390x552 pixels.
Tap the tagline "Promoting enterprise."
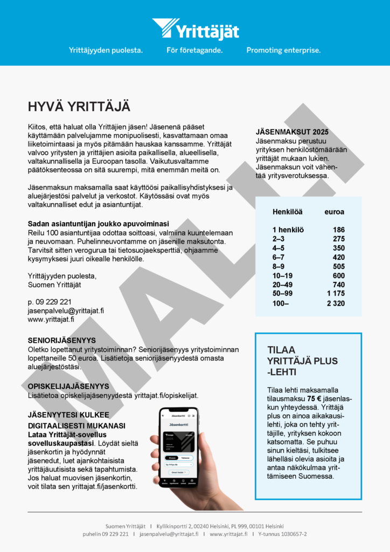click(283, 50)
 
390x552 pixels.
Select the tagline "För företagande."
click(194, 50)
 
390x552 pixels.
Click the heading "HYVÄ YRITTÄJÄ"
click(79, 106)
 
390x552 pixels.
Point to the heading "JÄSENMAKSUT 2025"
click(292, 132)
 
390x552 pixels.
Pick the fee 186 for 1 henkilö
click(338, 230)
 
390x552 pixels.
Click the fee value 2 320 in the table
click(336, 303)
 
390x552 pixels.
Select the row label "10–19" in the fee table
click(282, 275)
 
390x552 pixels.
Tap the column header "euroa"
click(334, 212)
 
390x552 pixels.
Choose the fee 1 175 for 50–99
click(336, 294)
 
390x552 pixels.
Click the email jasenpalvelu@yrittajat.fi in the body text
click(66, 311)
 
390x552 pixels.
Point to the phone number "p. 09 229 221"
click(50, 302)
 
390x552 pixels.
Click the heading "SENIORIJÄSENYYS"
click(62, 341)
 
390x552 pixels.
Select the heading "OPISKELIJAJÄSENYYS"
click(68, 387)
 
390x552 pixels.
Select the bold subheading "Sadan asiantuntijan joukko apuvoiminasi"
click(98, 224)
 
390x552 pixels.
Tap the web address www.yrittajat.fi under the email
click(51, 320)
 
